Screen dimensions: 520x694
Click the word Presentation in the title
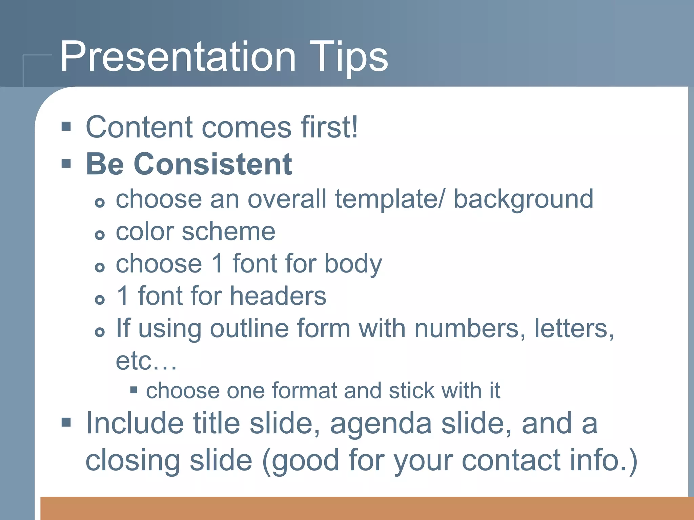click(x=178, y=57)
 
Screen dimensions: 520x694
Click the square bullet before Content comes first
click(x=66, y=127)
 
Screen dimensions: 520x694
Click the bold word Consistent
click(x=213, y=165)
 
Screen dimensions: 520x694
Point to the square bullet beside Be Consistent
click(x=66, y=164)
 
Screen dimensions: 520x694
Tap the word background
click(x=523, y=200)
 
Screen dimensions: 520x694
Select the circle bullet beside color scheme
click(x=100, y=235)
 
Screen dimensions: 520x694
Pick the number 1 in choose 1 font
click(x=217, y=264)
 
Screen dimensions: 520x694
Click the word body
click(x=353, y=264)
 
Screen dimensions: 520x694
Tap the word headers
click(x=278, y=296)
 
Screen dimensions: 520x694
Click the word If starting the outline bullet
click(x=123, y=328)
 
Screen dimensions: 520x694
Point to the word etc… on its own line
click(x=146, y=361)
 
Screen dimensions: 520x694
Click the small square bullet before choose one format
click(x=134, y=390)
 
